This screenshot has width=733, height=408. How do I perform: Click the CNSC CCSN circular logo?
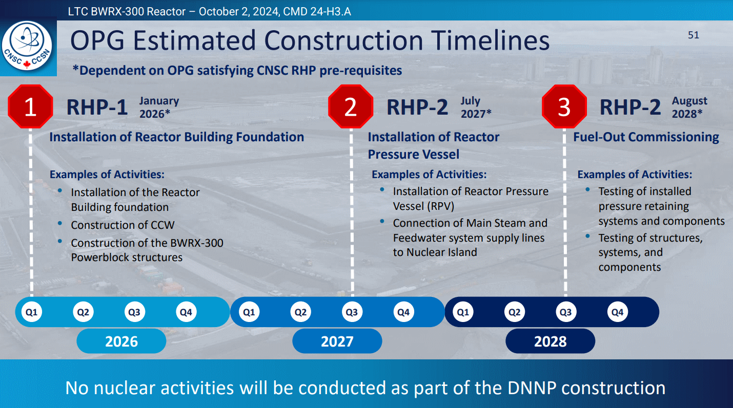tap(27, 46)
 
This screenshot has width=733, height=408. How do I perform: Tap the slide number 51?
tap(694, 35)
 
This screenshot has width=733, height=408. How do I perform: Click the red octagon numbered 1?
tap(30, 106)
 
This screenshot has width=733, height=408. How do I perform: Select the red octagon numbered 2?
tap(351, 106)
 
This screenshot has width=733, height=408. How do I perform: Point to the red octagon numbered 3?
tap(564, 106)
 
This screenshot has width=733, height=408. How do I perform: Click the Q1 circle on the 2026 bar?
tap(32, 312)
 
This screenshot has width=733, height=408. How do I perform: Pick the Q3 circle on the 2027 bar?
tap(352, 312)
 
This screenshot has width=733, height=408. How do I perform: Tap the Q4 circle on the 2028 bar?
tap(618, 312)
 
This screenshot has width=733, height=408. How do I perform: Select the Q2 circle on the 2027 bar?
tap(301, 312)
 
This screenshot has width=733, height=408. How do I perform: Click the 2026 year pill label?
tap(121, 341)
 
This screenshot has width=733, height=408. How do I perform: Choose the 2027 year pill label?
tap(337, 341)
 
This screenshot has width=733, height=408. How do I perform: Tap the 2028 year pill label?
tap(551, 341)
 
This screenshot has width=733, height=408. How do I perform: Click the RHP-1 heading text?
tap(97, 107)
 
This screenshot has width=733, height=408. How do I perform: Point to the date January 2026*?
tap(159, 107)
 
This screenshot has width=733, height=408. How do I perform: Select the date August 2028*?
tap(689, 107)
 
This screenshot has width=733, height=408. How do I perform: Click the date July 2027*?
tap(476, 107)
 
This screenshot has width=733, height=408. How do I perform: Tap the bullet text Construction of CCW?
tap(123, 225)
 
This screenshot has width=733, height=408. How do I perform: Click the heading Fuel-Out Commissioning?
tap(646, 137)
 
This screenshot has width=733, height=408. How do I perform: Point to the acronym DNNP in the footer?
tap(532, 388)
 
